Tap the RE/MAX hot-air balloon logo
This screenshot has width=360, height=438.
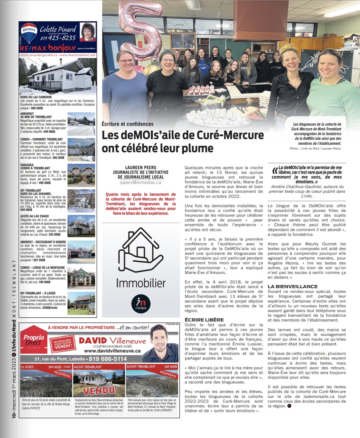click(29, 33)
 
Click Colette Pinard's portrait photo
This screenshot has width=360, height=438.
click(87, 32)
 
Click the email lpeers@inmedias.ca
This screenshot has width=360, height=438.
click(140, 182)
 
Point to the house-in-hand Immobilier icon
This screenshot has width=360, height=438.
click(140, 250)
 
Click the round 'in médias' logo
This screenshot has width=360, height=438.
click(141, 304)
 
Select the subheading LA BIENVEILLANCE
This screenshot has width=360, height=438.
click(292, 286)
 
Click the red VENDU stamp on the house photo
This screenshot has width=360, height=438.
click(99, 390)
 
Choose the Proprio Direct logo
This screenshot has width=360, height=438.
click(34, 340)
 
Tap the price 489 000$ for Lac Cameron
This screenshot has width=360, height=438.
click(37, 108)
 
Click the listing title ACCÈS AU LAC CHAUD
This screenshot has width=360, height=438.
click(35, 216)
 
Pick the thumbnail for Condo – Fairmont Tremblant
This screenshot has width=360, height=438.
click(81, 150)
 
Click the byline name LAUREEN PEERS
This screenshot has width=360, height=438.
click(140, 167)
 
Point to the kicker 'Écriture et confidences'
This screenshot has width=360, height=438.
click(127, 124)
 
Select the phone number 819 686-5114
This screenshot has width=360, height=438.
click(108, 359)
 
